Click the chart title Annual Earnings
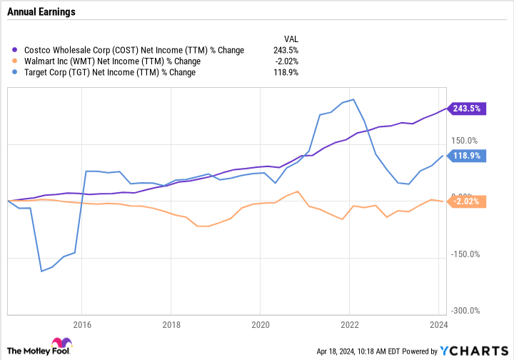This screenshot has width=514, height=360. (41, 12)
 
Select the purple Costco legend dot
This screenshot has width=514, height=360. (14, 50)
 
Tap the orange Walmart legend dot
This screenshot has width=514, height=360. (14, 61)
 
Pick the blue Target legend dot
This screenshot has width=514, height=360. (14, 72)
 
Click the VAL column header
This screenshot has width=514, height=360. (291, 39)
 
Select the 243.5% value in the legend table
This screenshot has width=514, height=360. (286, 50)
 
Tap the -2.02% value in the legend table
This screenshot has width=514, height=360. (287, 61)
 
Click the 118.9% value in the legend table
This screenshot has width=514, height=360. (286, 72)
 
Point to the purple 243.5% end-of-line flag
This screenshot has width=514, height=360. (466, 109)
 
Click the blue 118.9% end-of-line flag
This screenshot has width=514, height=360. (466, 156)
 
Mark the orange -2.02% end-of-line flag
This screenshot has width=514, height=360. (466, 201)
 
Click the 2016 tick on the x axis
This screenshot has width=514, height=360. (82, 325)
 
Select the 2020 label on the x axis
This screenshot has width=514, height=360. (261, 325)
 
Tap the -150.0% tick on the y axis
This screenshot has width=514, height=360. (465, 254)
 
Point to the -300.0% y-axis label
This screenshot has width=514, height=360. (465, 311)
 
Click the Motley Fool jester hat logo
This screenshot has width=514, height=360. (61, 342)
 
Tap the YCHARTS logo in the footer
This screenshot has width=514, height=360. (474, 351)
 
